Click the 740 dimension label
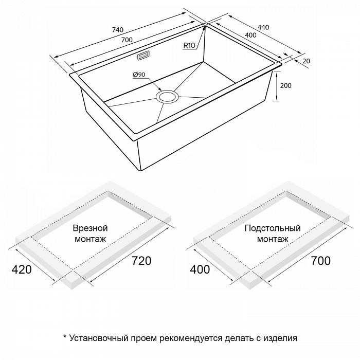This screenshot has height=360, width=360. [118, 30]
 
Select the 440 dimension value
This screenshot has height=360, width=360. [263, 27]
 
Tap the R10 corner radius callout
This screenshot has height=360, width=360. [189, 45]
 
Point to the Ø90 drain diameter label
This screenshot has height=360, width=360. [139, 75]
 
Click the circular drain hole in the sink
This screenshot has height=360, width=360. [167, 96]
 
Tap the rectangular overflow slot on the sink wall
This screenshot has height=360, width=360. [143, 56]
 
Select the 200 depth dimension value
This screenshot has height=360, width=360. [285, 86]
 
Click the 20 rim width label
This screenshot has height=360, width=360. [307, 61]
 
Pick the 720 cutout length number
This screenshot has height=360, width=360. [141, 261]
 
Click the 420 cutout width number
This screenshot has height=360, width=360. [22, 269]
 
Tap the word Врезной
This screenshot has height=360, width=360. [90, 228]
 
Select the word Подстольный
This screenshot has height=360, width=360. [273, 228]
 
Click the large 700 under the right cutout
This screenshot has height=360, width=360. [321, 261]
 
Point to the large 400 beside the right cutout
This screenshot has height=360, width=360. [200, 269]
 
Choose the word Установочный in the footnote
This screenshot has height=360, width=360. [99, 338]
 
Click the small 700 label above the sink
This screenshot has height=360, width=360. [127, 40]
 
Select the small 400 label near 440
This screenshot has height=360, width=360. [250, 35]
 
